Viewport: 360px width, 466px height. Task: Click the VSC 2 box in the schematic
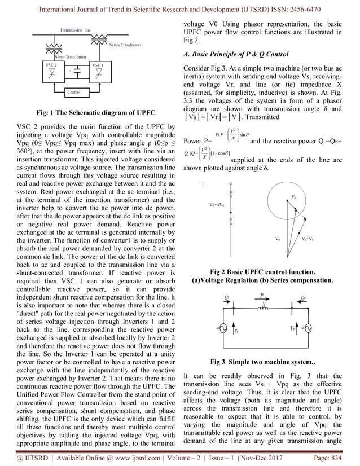(48, 72)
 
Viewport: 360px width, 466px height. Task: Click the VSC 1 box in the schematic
(99, 72)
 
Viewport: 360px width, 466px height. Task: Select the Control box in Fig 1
(74, 91)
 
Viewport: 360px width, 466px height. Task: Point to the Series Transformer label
(125, 45)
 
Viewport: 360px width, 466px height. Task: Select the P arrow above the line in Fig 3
(262, 294)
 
